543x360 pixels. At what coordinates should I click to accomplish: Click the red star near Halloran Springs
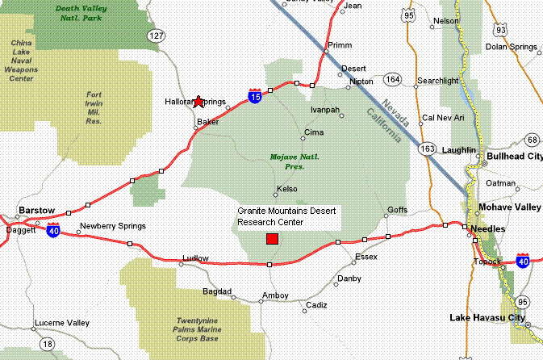(x=199, y=101)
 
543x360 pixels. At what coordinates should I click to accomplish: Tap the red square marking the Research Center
(x=272, y=239)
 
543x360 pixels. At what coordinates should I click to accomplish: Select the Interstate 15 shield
(x=255, y=96)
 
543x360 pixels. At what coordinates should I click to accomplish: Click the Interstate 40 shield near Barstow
(x=53, y=230)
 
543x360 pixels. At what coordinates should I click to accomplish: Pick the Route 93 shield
(x=502, y=30)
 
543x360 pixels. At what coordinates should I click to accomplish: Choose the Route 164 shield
(x=393, y=79)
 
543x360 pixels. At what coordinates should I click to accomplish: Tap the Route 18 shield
(x=48, y=344)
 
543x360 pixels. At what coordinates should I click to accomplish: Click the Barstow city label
(x=36, y=210)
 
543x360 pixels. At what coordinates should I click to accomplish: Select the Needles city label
(x=488, y=229)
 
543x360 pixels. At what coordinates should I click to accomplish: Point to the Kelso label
(x=287, y=189)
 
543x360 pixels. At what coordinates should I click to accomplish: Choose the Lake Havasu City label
(x=487, y=317)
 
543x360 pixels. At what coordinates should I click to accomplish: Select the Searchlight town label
(x=438, y=81)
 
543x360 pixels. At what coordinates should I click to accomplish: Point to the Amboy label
(x=275, y=296)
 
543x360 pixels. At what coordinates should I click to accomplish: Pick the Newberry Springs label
(x=112, y=225)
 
